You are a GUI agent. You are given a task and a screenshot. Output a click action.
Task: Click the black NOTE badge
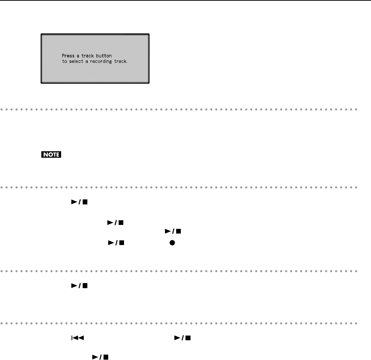tap(51, 155)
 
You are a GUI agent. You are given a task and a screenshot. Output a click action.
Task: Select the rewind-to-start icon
tap(69, 337)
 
